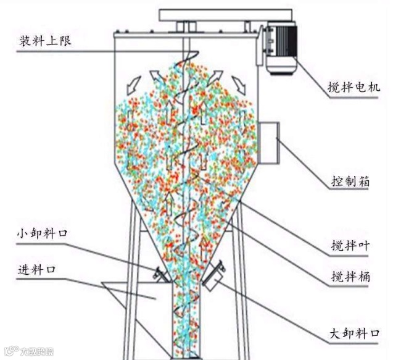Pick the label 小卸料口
(41, 233)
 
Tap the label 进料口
(38, 270)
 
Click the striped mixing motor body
(281, 50)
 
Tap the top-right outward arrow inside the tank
(237, 81)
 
